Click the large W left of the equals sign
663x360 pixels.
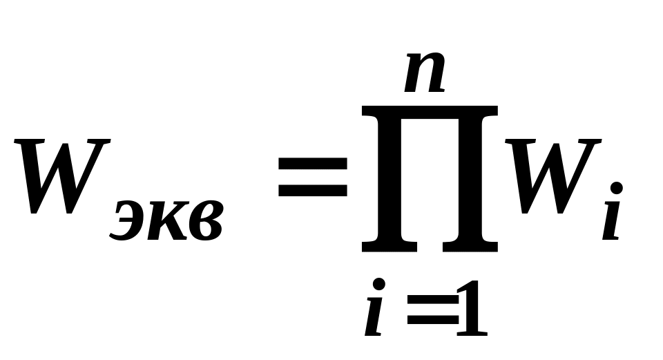click(62, 176)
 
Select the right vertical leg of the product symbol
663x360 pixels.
click(470, 180)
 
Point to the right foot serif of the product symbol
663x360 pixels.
click(470, 245)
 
